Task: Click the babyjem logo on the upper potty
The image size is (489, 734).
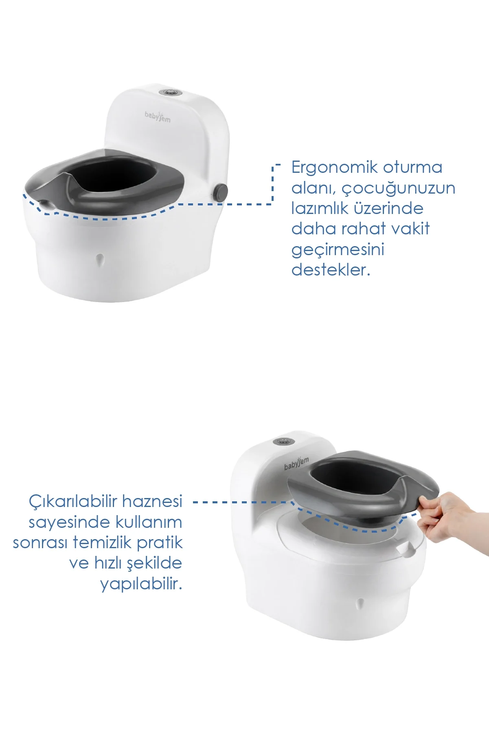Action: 158,116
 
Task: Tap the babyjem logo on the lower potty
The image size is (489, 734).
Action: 296,464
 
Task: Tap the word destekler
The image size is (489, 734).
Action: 331,269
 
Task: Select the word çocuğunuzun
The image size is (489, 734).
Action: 398,189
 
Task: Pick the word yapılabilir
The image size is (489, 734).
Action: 141,584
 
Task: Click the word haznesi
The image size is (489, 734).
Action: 152,501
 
